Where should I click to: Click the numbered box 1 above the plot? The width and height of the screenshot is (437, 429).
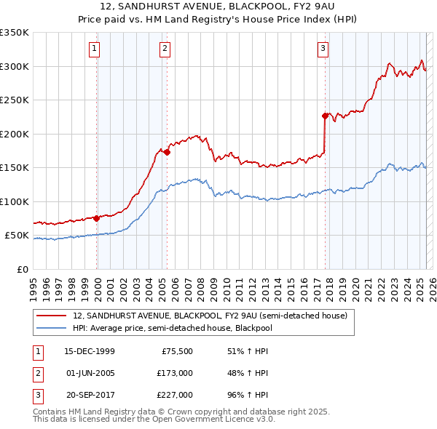(x=96, y=49)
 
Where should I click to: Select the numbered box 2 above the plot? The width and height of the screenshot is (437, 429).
(x=165, y=49)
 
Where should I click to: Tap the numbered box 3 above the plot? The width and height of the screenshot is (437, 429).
(x=323, y=49)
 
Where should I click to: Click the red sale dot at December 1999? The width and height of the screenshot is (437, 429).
(x=96, y=218)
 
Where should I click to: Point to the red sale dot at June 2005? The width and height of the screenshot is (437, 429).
(x=167, y=153)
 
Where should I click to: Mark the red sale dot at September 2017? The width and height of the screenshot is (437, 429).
(x=325, y=116)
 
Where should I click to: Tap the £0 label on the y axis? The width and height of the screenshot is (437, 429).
(x=23, y=269)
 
